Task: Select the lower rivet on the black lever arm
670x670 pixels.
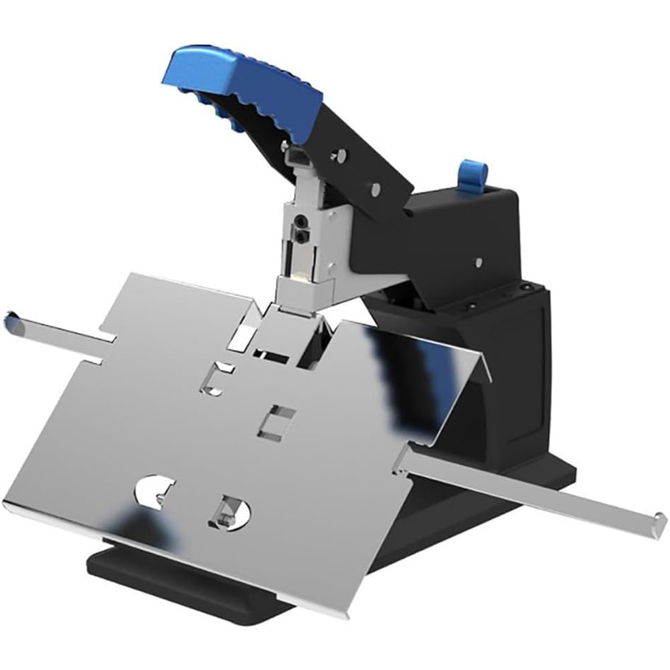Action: (x=375, y=188)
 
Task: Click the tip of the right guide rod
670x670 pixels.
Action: (x=660, y=519)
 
